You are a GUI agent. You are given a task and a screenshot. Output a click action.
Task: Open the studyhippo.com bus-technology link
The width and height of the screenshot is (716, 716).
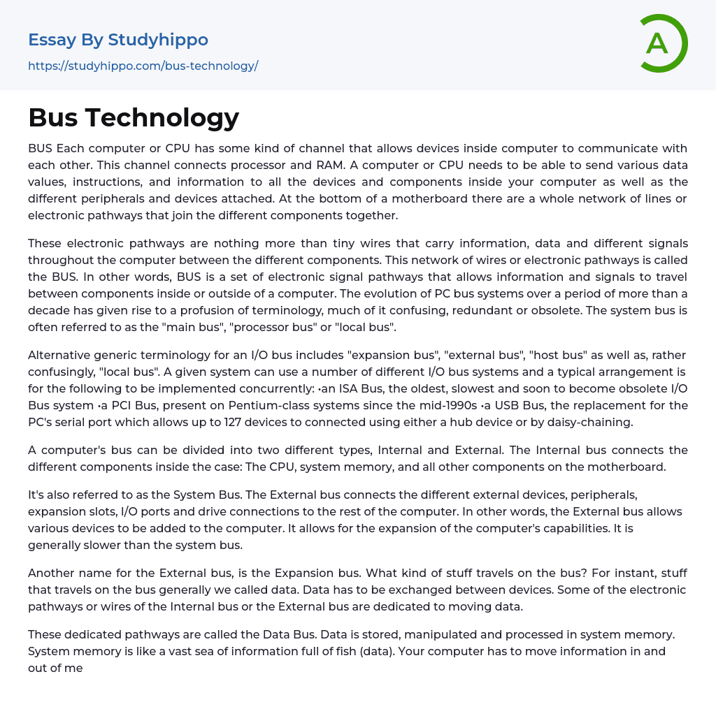[x=143, y=66]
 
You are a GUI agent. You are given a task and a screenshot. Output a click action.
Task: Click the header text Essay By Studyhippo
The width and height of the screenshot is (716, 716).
[x=118, y=40]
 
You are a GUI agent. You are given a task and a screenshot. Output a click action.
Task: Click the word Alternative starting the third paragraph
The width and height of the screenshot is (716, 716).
[x=61, y=355]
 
